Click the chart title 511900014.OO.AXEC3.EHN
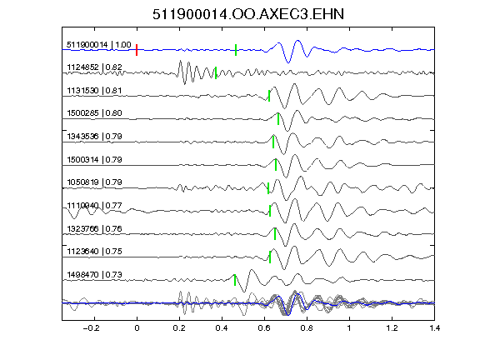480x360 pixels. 248,14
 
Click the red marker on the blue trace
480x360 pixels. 137,50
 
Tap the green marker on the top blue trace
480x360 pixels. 236,50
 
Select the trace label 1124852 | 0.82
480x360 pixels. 94,67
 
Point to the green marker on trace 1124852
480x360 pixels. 216,72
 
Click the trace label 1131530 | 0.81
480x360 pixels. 94,91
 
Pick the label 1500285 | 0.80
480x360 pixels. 94,113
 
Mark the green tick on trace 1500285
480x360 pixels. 278,119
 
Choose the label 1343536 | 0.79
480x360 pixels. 94,136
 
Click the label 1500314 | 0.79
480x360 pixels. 94,159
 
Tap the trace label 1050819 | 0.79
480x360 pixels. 94,182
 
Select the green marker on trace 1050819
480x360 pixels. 268,188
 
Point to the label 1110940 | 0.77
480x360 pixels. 94,205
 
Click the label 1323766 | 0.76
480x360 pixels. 94,228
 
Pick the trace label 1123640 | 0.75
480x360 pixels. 94,252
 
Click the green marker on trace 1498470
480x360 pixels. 235,280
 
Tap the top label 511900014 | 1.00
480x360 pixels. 99,45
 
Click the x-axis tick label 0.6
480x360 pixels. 264,328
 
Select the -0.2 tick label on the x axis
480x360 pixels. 91,328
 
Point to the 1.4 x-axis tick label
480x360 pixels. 434,328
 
